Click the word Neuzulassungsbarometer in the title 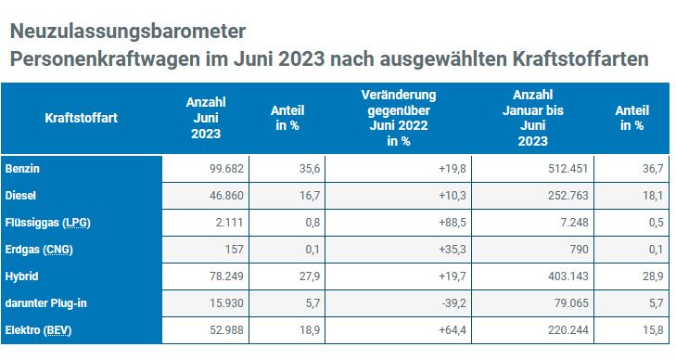tap(128, 31)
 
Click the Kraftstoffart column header tap(81, 118)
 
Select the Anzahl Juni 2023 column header tap(206, 118)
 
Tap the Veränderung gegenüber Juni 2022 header tap(399, 118)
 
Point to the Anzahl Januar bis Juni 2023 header tap(533, 118)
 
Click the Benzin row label tap(22, 168)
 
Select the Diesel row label tap(20, 195)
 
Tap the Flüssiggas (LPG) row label tap(48, 223)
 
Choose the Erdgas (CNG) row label tap(39, 250)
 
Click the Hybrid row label tap(21, 276)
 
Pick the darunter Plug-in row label tap(45, 303)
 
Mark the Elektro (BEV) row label tap(38, 330)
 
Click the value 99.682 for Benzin tap(226, 169)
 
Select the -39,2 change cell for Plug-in tap(454, 303)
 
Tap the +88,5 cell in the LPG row tap(453, 223)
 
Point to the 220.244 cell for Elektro tap(568, 330)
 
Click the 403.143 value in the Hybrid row tap(568, 276)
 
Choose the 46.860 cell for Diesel tap(226, 196)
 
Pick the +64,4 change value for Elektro tap(453, 330)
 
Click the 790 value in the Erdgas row tap(579, 250)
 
